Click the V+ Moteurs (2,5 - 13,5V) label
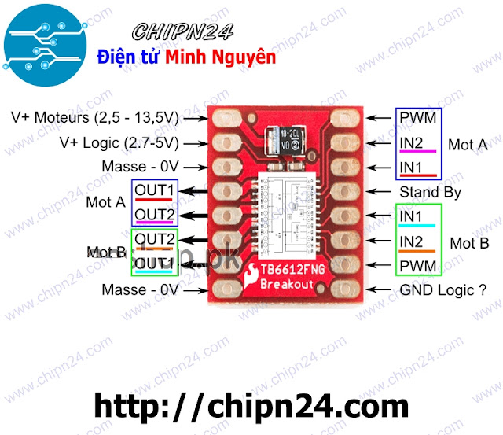(95, 118)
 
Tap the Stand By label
(429, 192)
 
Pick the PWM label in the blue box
(418, 118)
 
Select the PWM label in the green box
(418, 266)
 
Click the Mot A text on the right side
(468, 145)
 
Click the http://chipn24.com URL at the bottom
(251, 406)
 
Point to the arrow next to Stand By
(380, 192)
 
